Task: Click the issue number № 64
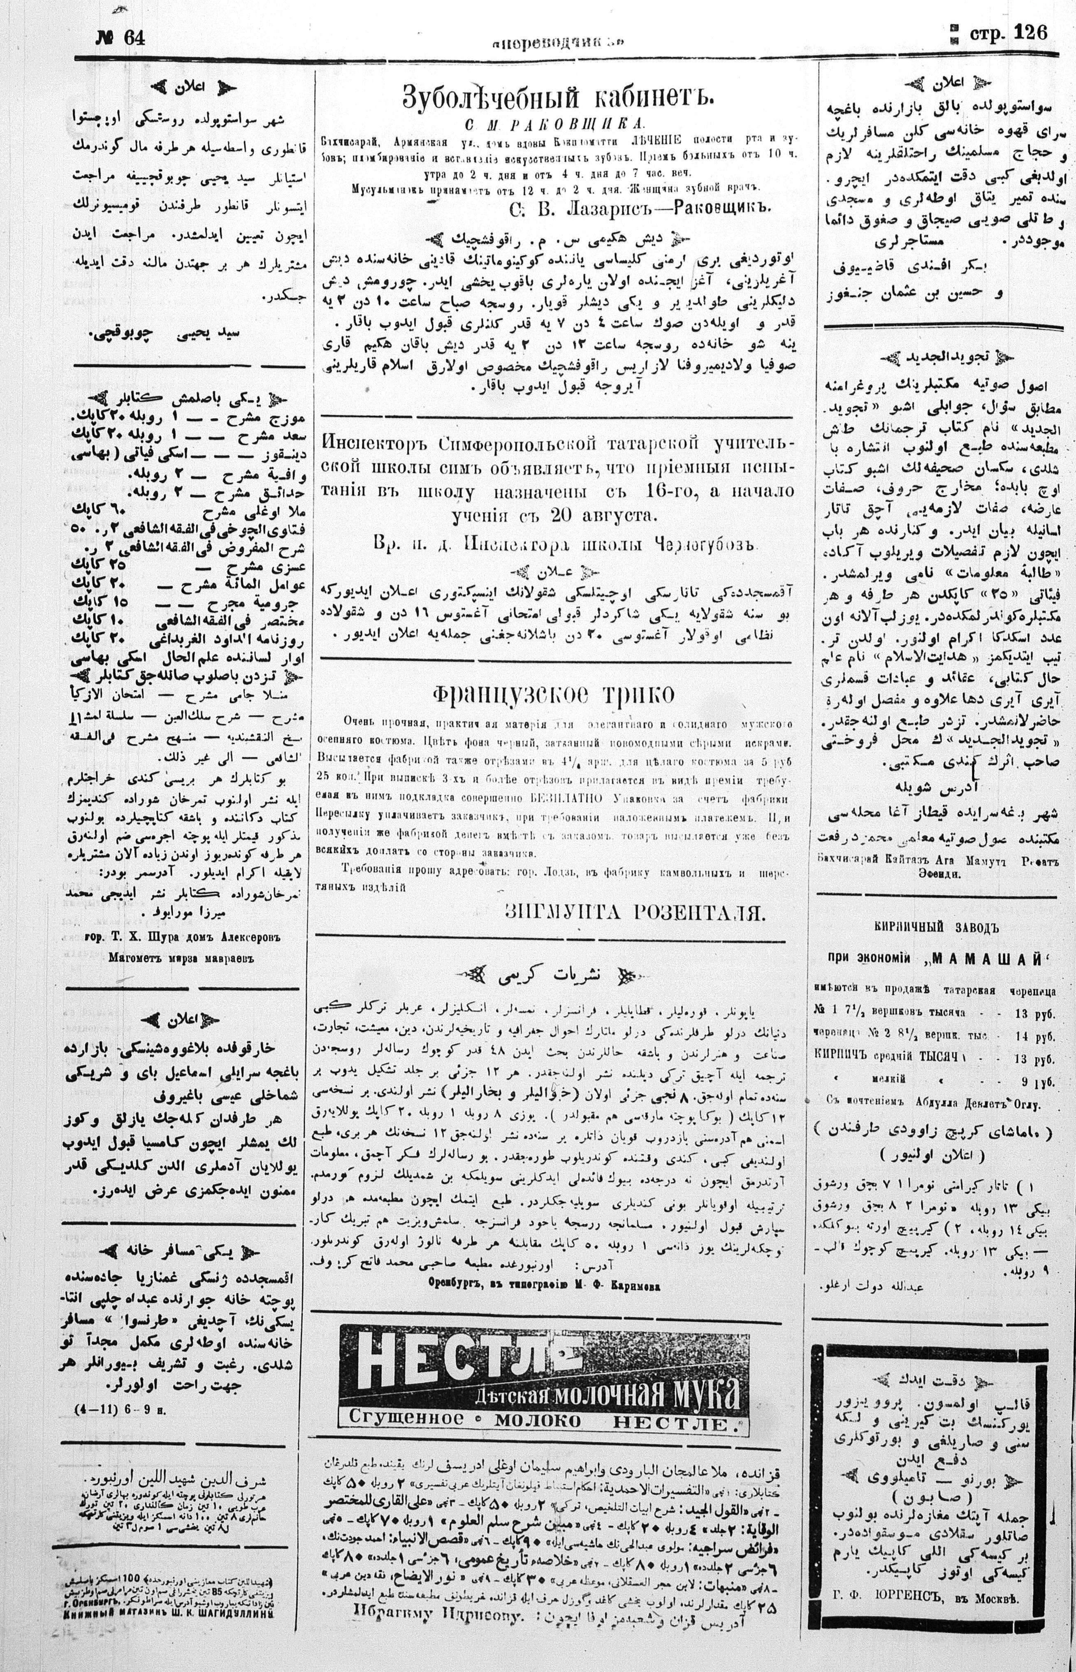click(120, 39)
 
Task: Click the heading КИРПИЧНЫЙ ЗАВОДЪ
click(936, 927)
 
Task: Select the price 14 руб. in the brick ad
click(1038, 1032)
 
